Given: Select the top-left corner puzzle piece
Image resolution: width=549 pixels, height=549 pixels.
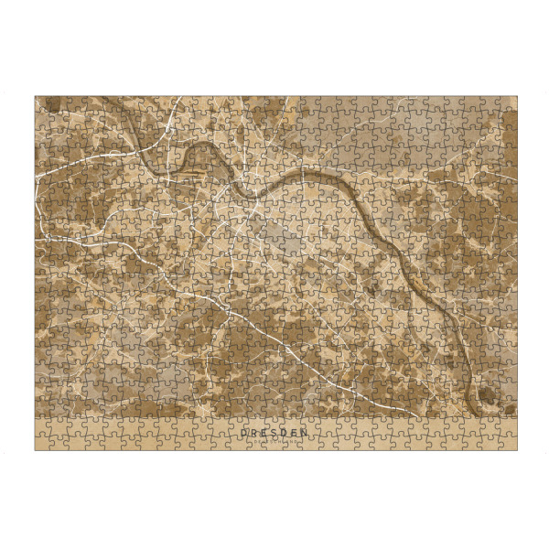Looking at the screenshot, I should coord(42,102).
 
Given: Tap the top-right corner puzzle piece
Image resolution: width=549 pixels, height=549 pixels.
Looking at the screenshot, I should coord(507,102).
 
